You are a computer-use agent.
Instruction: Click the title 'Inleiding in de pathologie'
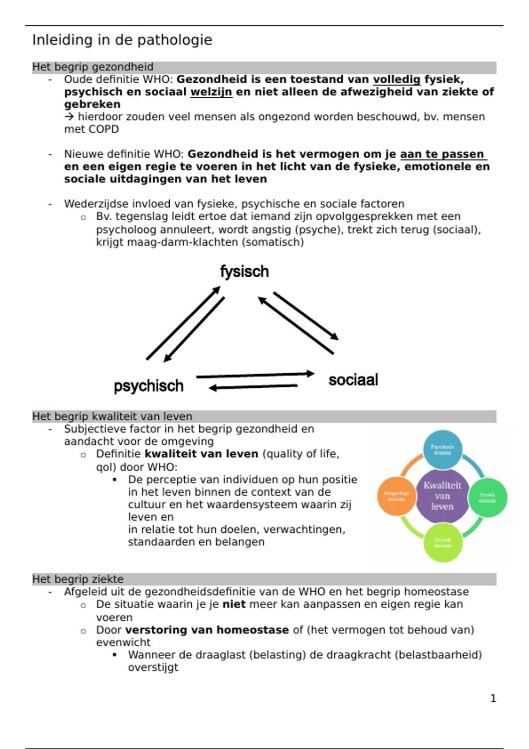[x=122, y=40]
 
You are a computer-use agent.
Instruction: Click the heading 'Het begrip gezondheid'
[x=93, y=67]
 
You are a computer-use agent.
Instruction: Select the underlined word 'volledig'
[x=397, y=79]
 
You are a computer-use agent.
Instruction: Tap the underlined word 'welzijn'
[x=211, y=92]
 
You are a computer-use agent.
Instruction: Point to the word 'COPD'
[x=104, y=129]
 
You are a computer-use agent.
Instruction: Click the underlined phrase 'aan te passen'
[x=442, y=154]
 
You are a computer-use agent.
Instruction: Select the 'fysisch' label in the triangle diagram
[x=244, y=271]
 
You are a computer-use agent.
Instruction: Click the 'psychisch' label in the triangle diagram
[x=149, y=386]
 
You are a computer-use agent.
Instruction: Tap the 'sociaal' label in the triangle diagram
[x=353, y=380]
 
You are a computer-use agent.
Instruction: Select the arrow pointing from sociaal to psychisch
[x=253, y=387]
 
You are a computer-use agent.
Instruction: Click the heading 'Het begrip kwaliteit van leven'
[x=112, y=416]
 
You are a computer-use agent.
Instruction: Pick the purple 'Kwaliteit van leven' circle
[x=442, y=496]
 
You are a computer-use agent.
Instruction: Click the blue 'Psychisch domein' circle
[x=442, y=449]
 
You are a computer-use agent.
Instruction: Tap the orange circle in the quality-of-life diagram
[x=396, y=496]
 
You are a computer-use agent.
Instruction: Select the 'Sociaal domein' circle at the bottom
[x=443, y=542]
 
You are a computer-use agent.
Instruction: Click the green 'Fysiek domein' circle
[x=487, y=497]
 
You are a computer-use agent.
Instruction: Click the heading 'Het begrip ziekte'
[x=78, y=579]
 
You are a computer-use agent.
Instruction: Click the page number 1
[x=493, y=698]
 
